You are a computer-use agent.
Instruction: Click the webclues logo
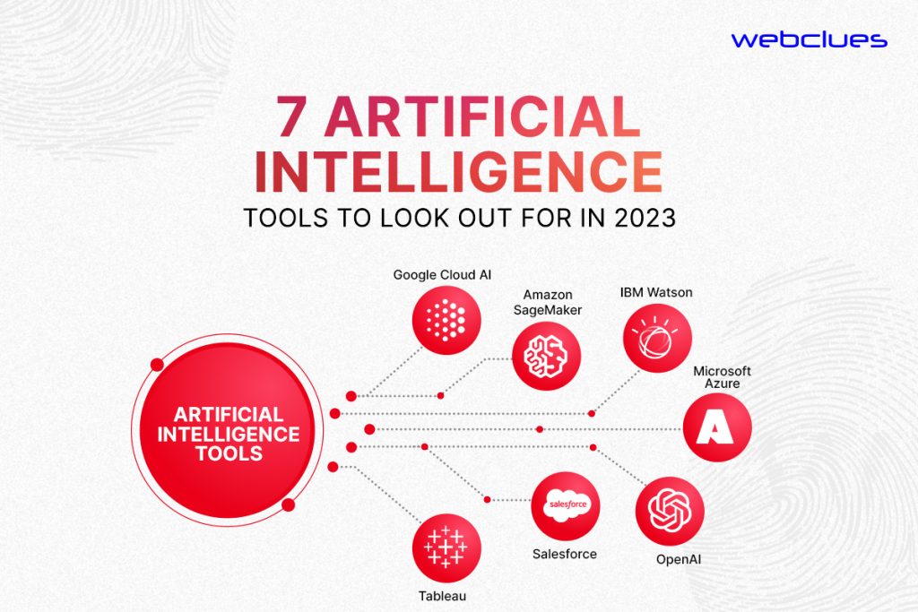[x=810, y=39]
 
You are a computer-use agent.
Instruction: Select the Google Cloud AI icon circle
[x=446, y=320]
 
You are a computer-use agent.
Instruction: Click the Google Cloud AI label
[x=442, y=274]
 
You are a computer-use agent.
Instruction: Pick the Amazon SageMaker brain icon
[x=546, y=357]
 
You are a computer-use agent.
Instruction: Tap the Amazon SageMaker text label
[x=548, y=303]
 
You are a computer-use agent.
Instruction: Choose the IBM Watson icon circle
[x=657, y=338]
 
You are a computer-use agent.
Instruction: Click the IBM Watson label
[x=656, y=292]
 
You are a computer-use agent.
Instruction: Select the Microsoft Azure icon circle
[x=717, y=427]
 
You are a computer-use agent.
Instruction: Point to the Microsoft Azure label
[x=722, y=377]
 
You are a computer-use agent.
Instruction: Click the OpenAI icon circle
[x=670, y=511]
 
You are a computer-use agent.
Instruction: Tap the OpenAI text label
[x=678, y=559]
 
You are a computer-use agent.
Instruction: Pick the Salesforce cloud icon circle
[x=565, y=506]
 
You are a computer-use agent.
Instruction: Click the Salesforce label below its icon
[x=565, y=554]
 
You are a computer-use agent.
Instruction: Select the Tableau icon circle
[x=446, y=548]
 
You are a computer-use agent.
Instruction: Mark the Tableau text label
[x=442, y=596]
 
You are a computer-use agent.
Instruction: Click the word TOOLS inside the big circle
[x=229, y=453]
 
